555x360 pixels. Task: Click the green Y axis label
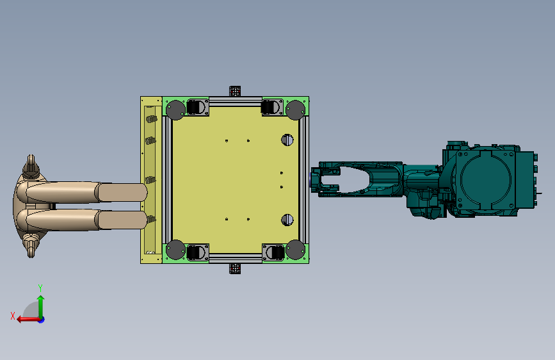pyautogui.click(x=40, y=288)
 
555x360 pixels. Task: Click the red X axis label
pyautogui.click(x=13, y=316)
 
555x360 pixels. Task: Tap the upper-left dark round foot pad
pyautogui.click(x=175, y=110)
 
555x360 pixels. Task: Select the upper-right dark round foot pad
pyautogui.click(x=295, y=110)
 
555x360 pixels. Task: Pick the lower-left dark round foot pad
pyautogui.click(x=175, y=249)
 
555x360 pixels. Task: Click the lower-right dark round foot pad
pyautogui.click(x=295, y=249)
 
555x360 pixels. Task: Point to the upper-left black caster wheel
pyautogui.click(x=193, y=107)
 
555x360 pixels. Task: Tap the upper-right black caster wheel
pyautogui.click(x=268, y=107)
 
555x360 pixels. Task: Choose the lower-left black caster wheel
pyautogui.click(x=193, y=252)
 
